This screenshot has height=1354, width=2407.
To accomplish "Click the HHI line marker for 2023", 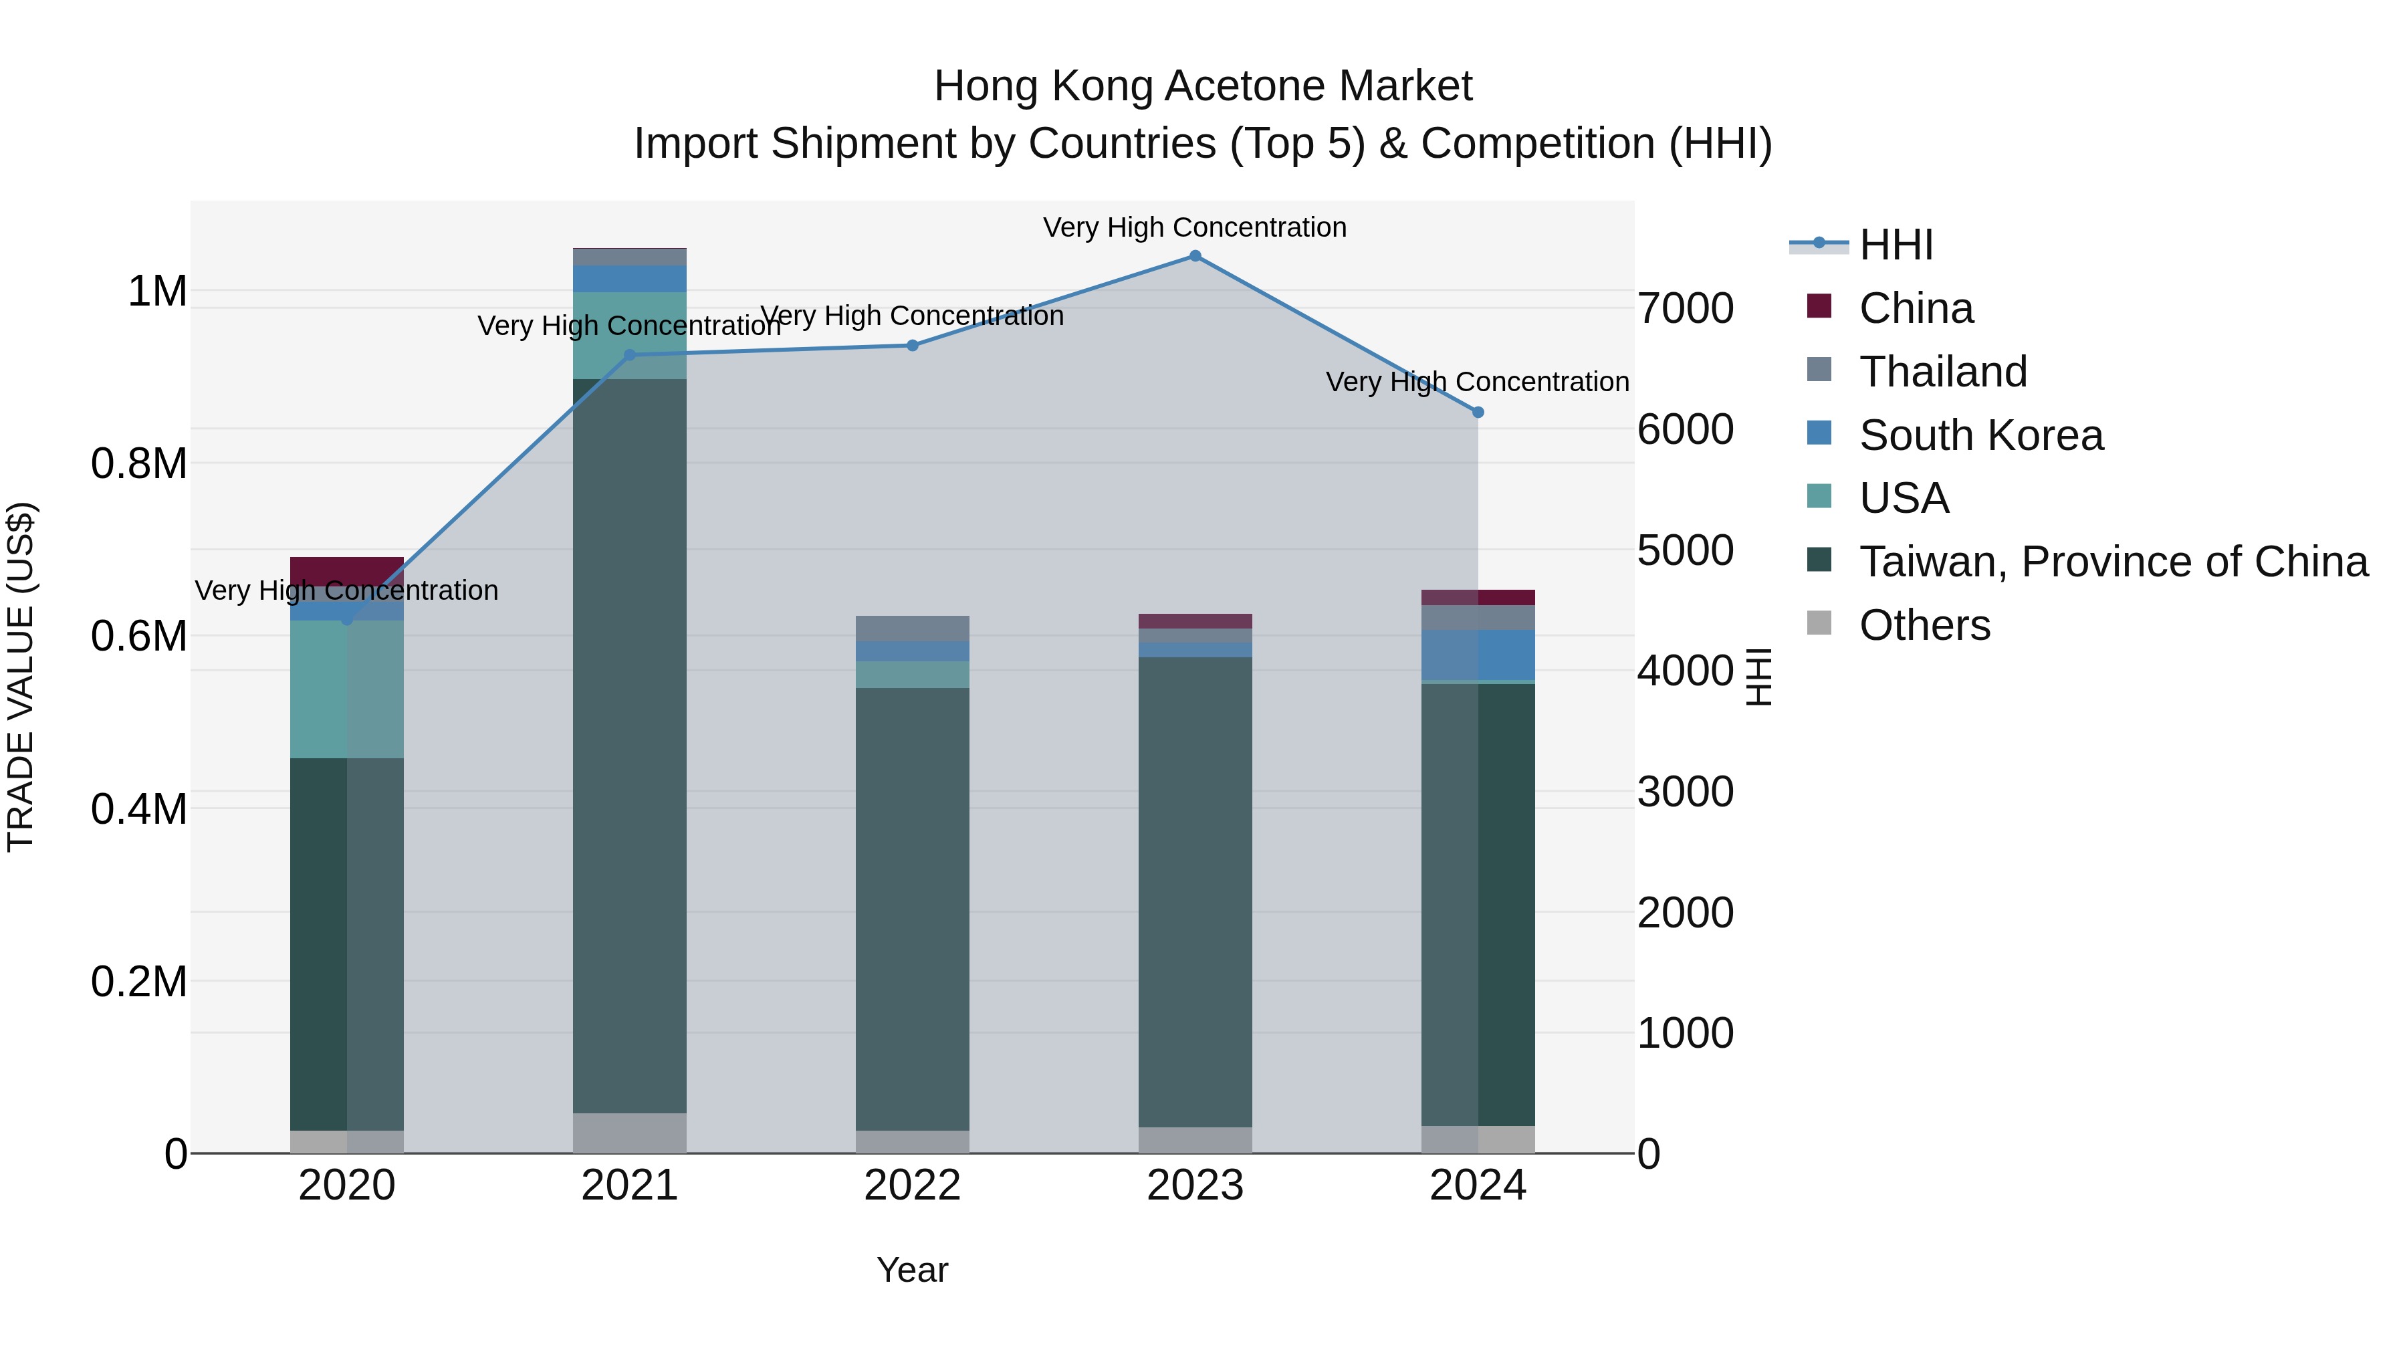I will (1195, 256).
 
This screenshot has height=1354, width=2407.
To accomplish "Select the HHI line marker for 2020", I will (346, 618).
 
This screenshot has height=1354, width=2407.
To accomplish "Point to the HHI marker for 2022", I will (913, 346).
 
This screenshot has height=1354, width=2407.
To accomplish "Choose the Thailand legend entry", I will (1942, 372).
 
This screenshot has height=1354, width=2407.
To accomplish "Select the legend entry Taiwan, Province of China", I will (2113, 562).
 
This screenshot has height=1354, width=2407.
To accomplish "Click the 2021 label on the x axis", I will (629, 1186).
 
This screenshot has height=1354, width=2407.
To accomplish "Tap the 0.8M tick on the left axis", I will (138, 463).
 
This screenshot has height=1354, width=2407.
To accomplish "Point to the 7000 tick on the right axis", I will (1686, 308).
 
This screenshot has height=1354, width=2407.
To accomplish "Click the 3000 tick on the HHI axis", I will (1686, 792).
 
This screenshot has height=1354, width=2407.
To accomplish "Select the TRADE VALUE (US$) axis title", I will (21, 677).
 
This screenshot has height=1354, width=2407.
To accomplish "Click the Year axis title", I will (912, 1270).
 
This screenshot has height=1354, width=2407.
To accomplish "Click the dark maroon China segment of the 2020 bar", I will (346, 571).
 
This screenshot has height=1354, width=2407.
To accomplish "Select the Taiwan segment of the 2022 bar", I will (912, 907).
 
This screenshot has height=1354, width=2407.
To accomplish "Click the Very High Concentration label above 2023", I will (1194, 227).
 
